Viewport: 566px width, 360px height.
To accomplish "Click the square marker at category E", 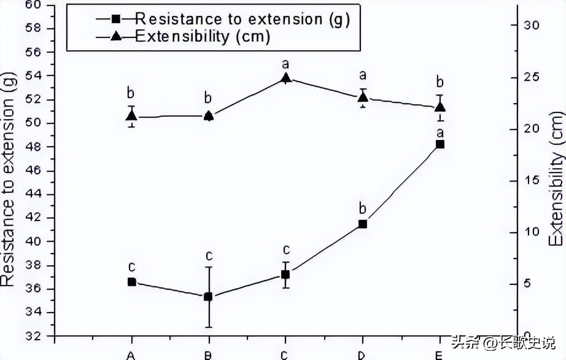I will click(x=440, y=144).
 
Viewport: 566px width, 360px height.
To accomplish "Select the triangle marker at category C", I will click(x=285, y=78).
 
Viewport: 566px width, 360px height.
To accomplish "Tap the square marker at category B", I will click(x=208, y=297).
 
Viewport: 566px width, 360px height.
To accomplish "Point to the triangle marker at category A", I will click(x=131, y=115).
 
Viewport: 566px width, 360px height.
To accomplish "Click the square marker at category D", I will click(x=363, y=224).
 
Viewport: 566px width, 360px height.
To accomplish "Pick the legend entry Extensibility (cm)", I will click(x=203, y=36).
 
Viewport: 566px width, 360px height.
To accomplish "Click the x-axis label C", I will click(x=285, y=354).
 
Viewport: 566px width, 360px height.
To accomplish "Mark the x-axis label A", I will click(x=131, y=354).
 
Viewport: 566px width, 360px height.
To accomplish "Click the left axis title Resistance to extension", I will click(x=9, y=178).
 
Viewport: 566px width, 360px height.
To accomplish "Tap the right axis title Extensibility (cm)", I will click(x=556, y=178).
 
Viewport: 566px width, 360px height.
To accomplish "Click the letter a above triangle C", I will click(x=285, y=63).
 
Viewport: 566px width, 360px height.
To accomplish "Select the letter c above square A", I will click(x=131, y=267).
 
